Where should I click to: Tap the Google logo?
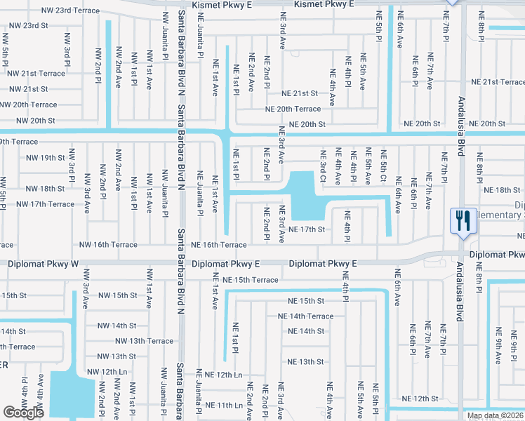point(24,413)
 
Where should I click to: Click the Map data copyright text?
point(495,415)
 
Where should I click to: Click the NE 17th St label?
point(306,229)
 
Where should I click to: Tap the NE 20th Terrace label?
point(293,109)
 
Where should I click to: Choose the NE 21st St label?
point(300,93)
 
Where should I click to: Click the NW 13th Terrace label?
point(145,341)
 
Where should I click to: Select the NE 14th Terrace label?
point(305,316)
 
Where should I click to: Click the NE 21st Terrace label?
point(498,82)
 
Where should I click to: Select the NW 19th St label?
point(42,158)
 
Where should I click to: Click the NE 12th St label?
point(420,399)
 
